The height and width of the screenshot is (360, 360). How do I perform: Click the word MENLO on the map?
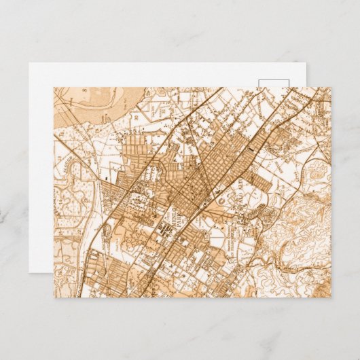tap(175, 219)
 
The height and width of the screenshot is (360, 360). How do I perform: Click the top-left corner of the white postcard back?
tap(29, 64)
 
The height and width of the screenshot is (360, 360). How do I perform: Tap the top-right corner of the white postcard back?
tap(307, 64)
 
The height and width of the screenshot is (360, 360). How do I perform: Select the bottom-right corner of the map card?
tap(331, 297)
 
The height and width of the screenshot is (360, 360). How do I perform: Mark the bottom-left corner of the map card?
tap(54, 297)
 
